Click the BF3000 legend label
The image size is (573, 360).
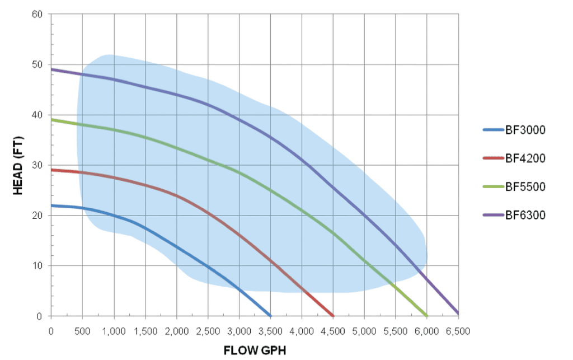[525, 130]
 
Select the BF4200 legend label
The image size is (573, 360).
[525, 158]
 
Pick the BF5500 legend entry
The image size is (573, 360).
[525, 187]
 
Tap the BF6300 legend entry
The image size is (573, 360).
[525, 215]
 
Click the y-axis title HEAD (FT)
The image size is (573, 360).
[18, 165]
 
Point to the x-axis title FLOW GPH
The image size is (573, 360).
[255, 351]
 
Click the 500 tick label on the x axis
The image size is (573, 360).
[83, 330]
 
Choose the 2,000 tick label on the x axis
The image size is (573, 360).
[177, 330]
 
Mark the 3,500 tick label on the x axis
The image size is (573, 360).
[271, 330]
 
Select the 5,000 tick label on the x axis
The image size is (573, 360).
[365, 330]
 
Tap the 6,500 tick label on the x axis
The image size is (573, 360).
[459, 330]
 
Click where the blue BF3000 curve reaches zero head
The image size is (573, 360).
[270, 315]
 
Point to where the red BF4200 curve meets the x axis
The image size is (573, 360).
[333, 315]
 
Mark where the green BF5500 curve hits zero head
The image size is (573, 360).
[427, 315]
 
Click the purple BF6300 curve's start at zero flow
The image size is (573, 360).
[51, 69]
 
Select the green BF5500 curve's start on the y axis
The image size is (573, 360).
[51, 119]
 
